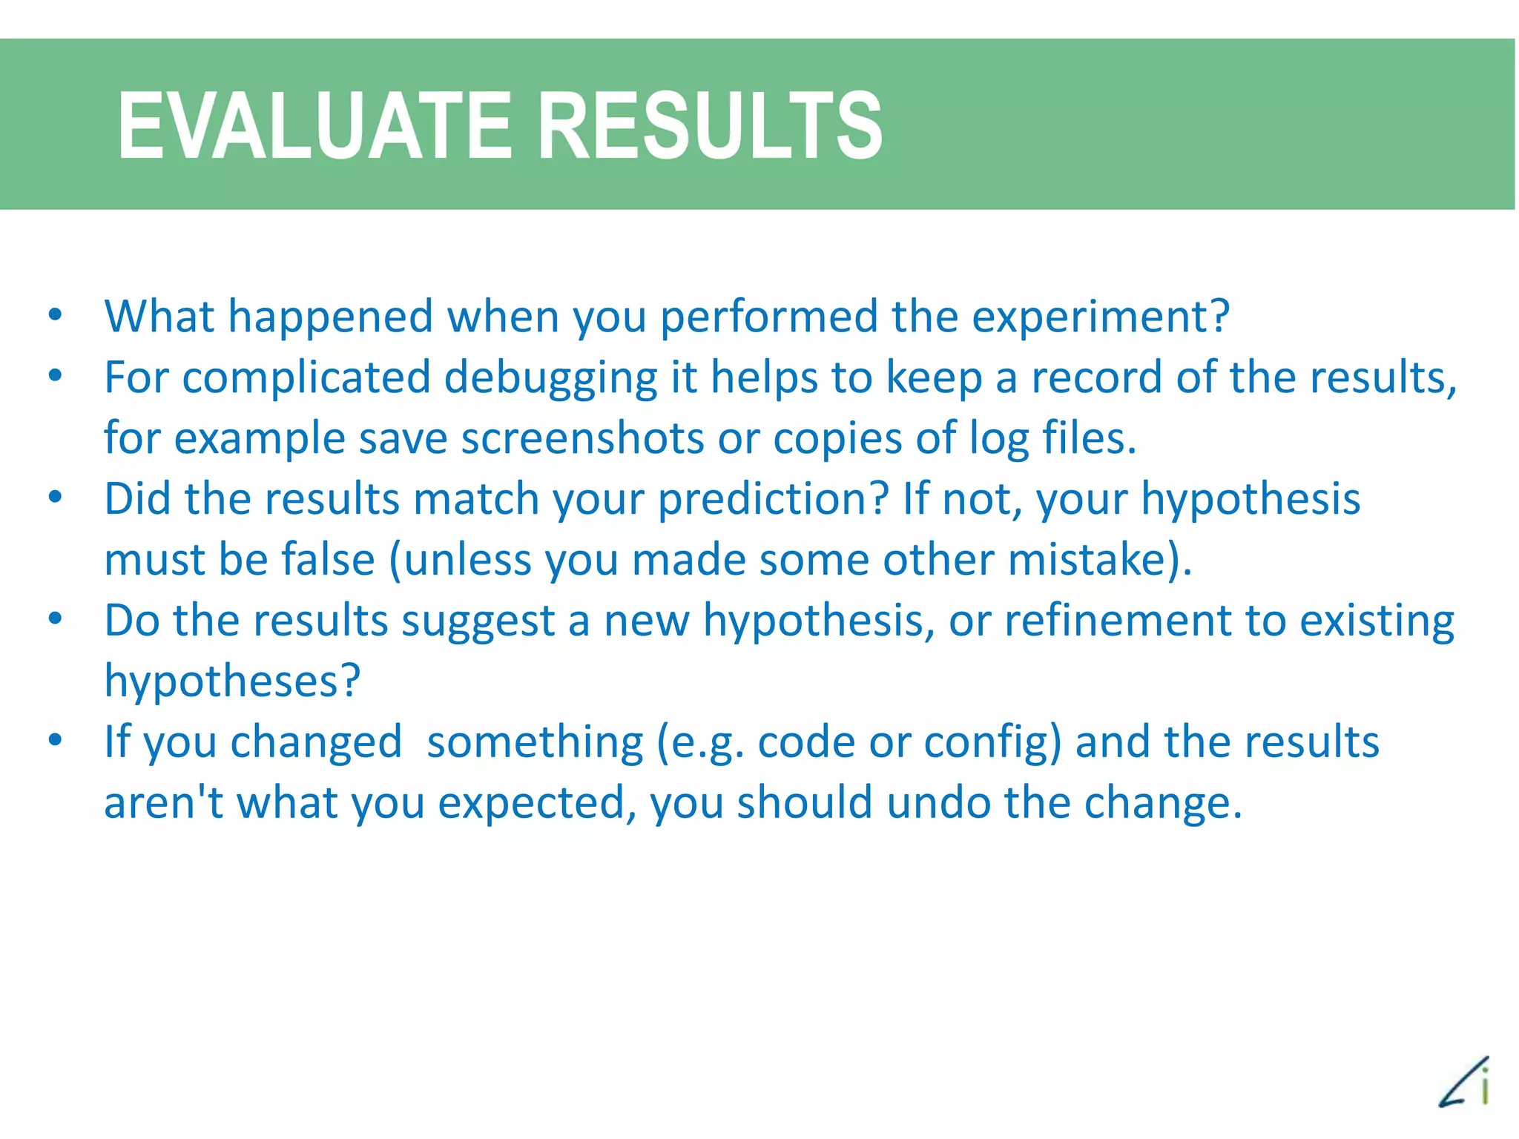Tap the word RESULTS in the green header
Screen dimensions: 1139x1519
coord(710,125)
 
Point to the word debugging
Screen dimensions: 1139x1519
coord(550,378)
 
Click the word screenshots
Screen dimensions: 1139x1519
coord(582,439)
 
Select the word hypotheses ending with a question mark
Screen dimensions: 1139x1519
coord(232,681)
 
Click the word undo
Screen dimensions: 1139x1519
coord(938,803)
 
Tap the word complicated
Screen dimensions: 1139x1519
coord(306,378)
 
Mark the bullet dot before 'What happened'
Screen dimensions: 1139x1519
coord(55,315)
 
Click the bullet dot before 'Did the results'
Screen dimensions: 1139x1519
coord(55,498)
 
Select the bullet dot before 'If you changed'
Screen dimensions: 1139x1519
coord(55,740)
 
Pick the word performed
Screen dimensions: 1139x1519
coord(768,317)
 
